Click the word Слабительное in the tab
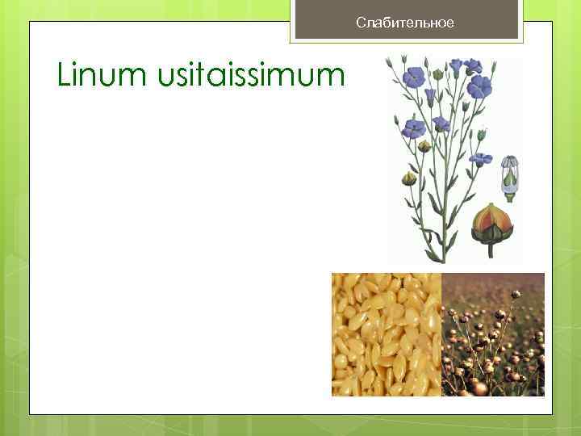point(405,23)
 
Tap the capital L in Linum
point(64,76)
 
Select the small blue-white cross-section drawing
point(510,175)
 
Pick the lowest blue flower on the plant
point(481,159)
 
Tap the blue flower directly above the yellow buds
point(415,128)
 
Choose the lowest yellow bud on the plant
point(409,178)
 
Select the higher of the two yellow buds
point(424,146)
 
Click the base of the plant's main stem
point(441,258)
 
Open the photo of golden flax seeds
point(387,334)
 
